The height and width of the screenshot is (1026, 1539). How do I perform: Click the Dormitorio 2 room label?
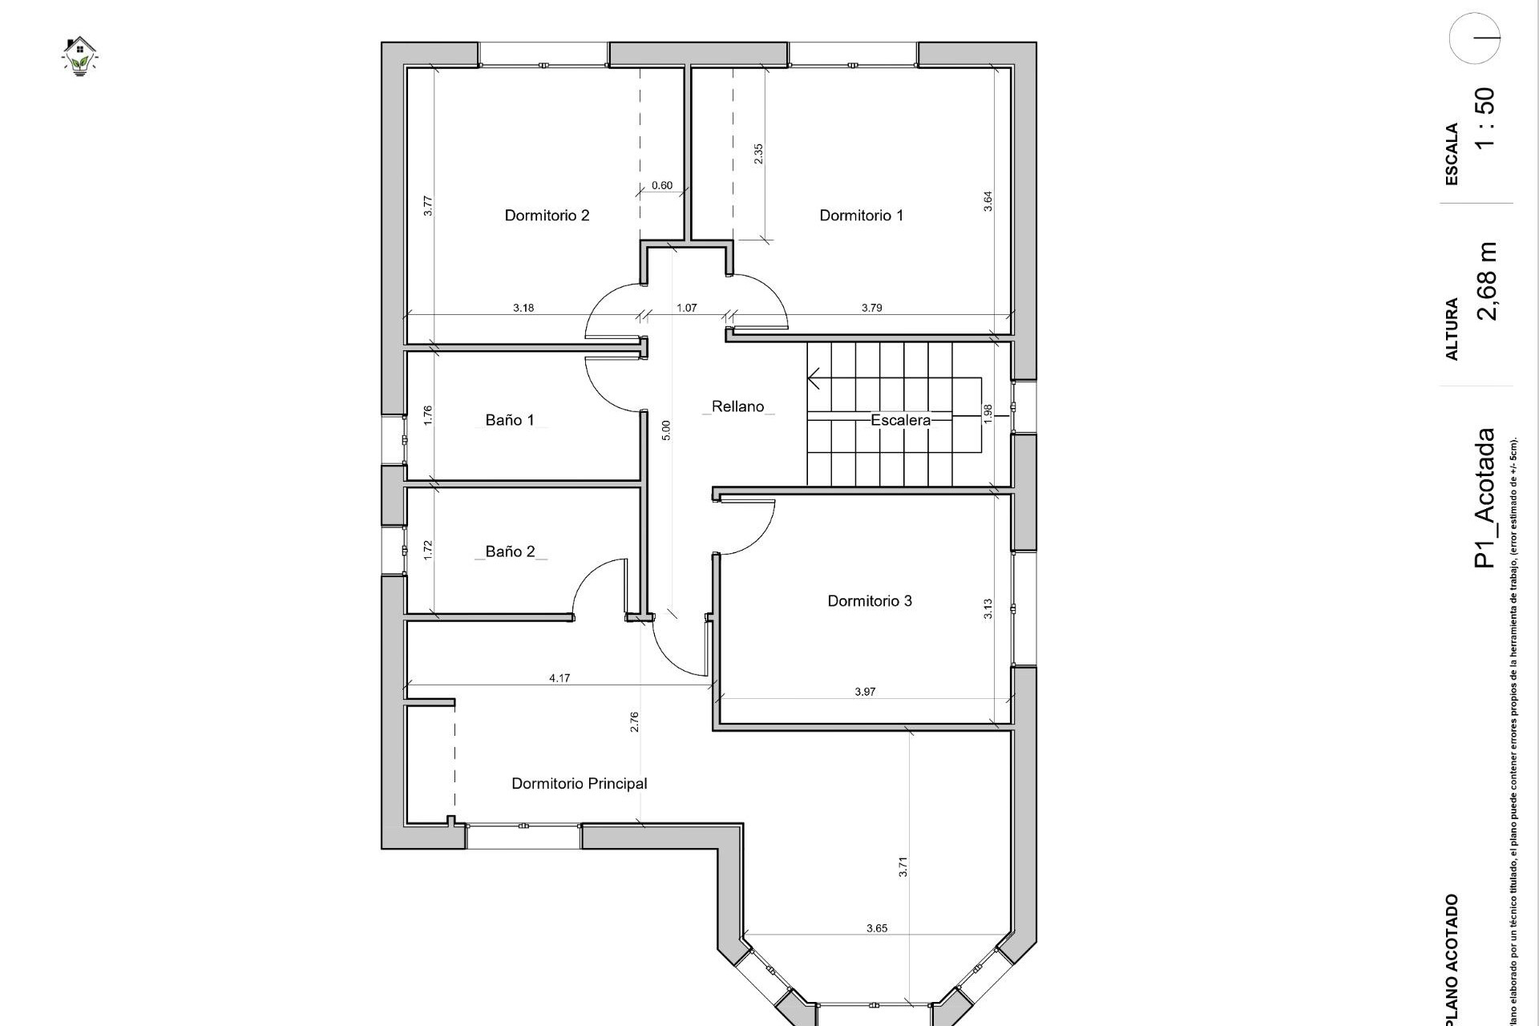pos(547,215)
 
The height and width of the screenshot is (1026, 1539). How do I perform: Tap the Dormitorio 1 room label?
pos(861,215)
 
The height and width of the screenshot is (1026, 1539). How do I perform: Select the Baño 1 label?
pos(509,420)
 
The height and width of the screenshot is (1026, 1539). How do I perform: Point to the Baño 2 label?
pos(510,551)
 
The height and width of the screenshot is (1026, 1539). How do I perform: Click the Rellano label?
pos(737,406)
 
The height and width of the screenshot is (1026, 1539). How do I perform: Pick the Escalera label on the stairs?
pos(900,420)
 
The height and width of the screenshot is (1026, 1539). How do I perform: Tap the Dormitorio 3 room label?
pos(869,600)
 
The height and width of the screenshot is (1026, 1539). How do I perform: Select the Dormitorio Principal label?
pos(579,783)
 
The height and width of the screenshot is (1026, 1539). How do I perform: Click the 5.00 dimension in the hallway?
pos(665,430)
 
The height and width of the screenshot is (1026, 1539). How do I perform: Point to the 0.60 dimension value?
pos(662,185)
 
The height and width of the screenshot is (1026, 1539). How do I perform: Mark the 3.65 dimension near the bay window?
pos(876,928)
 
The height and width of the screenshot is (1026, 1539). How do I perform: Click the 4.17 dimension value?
pos(559,678)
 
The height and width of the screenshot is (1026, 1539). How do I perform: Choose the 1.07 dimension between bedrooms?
pos(686,308)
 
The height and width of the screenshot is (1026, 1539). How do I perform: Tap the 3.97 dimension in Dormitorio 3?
pos(865,692)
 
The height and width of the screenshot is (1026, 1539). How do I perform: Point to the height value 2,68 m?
pos(1485,281)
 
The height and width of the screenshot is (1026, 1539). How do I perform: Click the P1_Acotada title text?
pos(1484,498)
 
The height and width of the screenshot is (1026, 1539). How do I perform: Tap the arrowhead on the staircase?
pos(814,378)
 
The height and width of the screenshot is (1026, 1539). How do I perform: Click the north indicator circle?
pos(1474,38)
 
